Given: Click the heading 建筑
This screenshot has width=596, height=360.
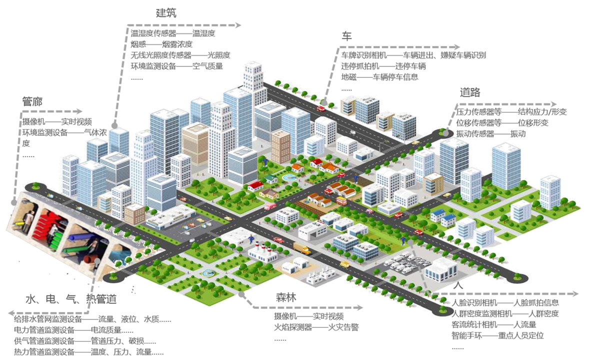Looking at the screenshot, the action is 166,12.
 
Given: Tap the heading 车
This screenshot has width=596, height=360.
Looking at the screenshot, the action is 346,36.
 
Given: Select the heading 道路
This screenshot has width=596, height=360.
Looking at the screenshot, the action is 470,92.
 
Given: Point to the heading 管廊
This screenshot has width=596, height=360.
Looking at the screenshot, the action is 32,101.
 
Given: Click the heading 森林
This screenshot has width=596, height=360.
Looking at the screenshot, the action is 286,297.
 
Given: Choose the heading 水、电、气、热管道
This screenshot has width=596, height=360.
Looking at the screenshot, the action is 70,299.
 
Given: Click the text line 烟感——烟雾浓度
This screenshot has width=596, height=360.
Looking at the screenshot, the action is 161,44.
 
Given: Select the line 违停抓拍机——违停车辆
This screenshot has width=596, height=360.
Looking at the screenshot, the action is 383,66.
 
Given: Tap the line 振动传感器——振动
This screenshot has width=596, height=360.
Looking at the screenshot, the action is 490,133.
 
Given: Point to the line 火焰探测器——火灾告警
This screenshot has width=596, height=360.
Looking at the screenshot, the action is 316,327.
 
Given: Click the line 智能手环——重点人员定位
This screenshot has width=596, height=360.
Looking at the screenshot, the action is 497,335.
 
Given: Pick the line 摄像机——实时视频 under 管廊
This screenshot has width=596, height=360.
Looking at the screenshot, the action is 57,121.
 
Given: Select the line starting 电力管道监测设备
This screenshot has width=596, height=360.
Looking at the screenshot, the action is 73,330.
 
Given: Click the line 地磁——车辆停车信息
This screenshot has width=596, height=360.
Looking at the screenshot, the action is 379,77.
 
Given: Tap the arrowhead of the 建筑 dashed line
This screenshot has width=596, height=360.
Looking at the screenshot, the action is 238,25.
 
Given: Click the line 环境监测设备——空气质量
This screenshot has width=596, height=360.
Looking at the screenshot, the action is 176,66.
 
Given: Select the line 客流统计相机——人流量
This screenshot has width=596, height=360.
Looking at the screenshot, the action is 494,324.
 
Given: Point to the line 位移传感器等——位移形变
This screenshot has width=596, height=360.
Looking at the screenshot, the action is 502,122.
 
